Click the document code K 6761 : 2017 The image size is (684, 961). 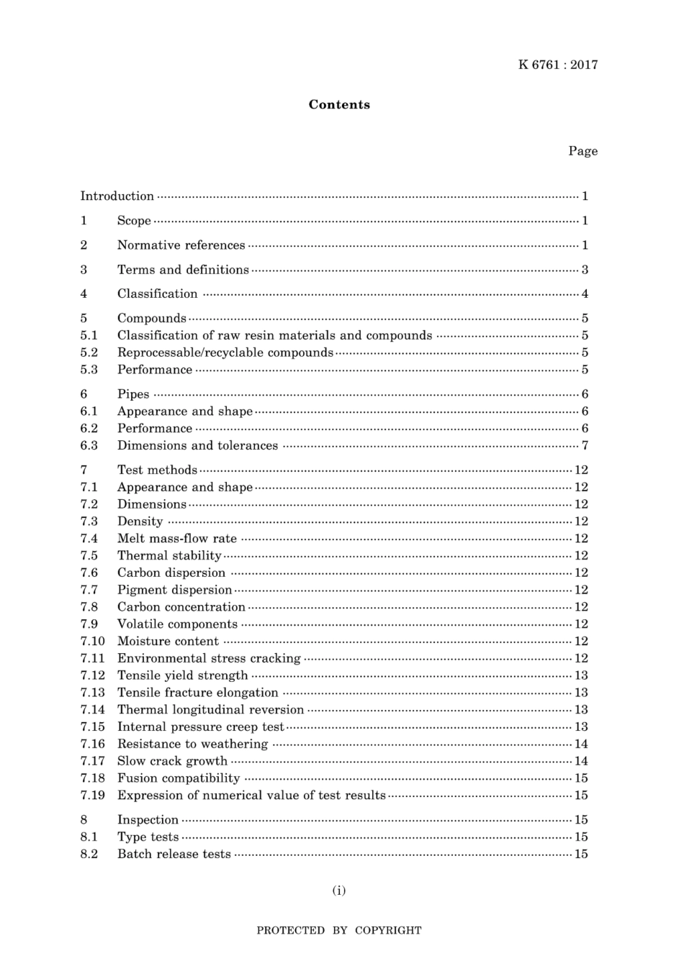558,65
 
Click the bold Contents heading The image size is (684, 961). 339,105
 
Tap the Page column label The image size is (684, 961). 582,151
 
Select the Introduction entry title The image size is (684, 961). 117,196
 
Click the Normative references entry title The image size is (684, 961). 181,245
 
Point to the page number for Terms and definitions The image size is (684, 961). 585,270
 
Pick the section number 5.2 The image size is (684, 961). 89,352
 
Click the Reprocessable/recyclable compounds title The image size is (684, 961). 225,352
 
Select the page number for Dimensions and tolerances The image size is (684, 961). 585,445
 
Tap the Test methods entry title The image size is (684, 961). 157,470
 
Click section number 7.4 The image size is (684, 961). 89,538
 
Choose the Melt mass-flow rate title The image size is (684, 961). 177,538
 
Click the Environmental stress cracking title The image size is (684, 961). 209,658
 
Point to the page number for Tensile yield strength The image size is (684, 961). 581,675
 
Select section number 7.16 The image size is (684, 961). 92,744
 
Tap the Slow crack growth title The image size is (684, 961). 172,761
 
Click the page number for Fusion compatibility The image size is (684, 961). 581,778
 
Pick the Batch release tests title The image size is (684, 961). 174,855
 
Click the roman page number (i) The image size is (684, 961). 339,891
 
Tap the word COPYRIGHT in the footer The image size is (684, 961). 388,931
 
